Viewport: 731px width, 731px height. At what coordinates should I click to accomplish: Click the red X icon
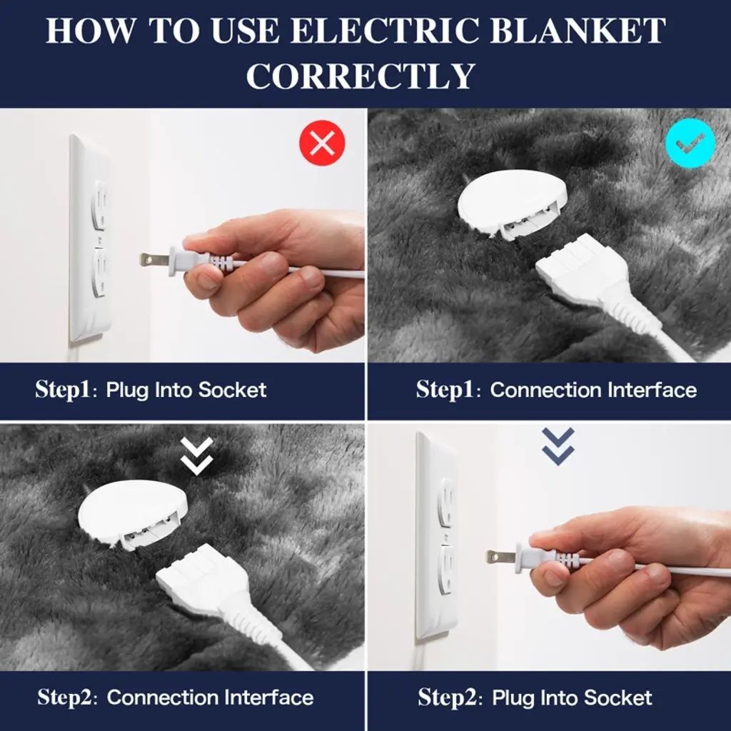pyautogui.click(x=322, y=143)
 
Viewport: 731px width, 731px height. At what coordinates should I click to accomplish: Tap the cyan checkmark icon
pyautogui.click(x=690, y=143)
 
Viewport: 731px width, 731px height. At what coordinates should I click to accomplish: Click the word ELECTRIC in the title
pyautogui.click(x=386, y=31)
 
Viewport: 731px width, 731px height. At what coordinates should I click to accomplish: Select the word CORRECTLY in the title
pyautogui.click(x=361, y=76)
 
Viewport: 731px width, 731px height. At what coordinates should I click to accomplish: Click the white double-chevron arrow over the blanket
pyautogui.click(x=197, y=456)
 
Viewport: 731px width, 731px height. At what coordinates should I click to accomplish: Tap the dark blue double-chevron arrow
pyautogui.click(x=558, y=447)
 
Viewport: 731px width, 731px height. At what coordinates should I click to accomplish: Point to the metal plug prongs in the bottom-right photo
pyautogui.click(x=500, y=556)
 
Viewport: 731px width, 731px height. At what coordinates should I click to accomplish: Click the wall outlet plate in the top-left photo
pyautogui.click(x=91, y=238)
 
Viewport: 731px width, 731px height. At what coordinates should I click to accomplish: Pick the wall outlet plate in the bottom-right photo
pyautogui.click(x=437, y=536)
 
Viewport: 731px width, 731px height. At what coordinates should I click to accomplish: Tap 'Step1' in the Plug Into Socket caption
pyautogui.click(x=63, y=390)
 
